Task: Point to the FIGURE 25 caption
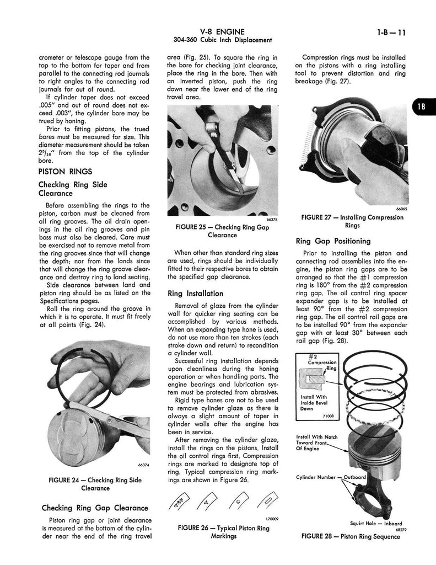click(215, 230)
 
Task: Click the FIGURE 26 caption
click(223, 532)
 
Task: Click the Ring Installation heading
click(196, 294)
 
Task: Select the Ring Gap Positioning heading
click(333, 241)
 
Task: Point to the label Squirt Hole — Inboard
click(376, 523)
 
